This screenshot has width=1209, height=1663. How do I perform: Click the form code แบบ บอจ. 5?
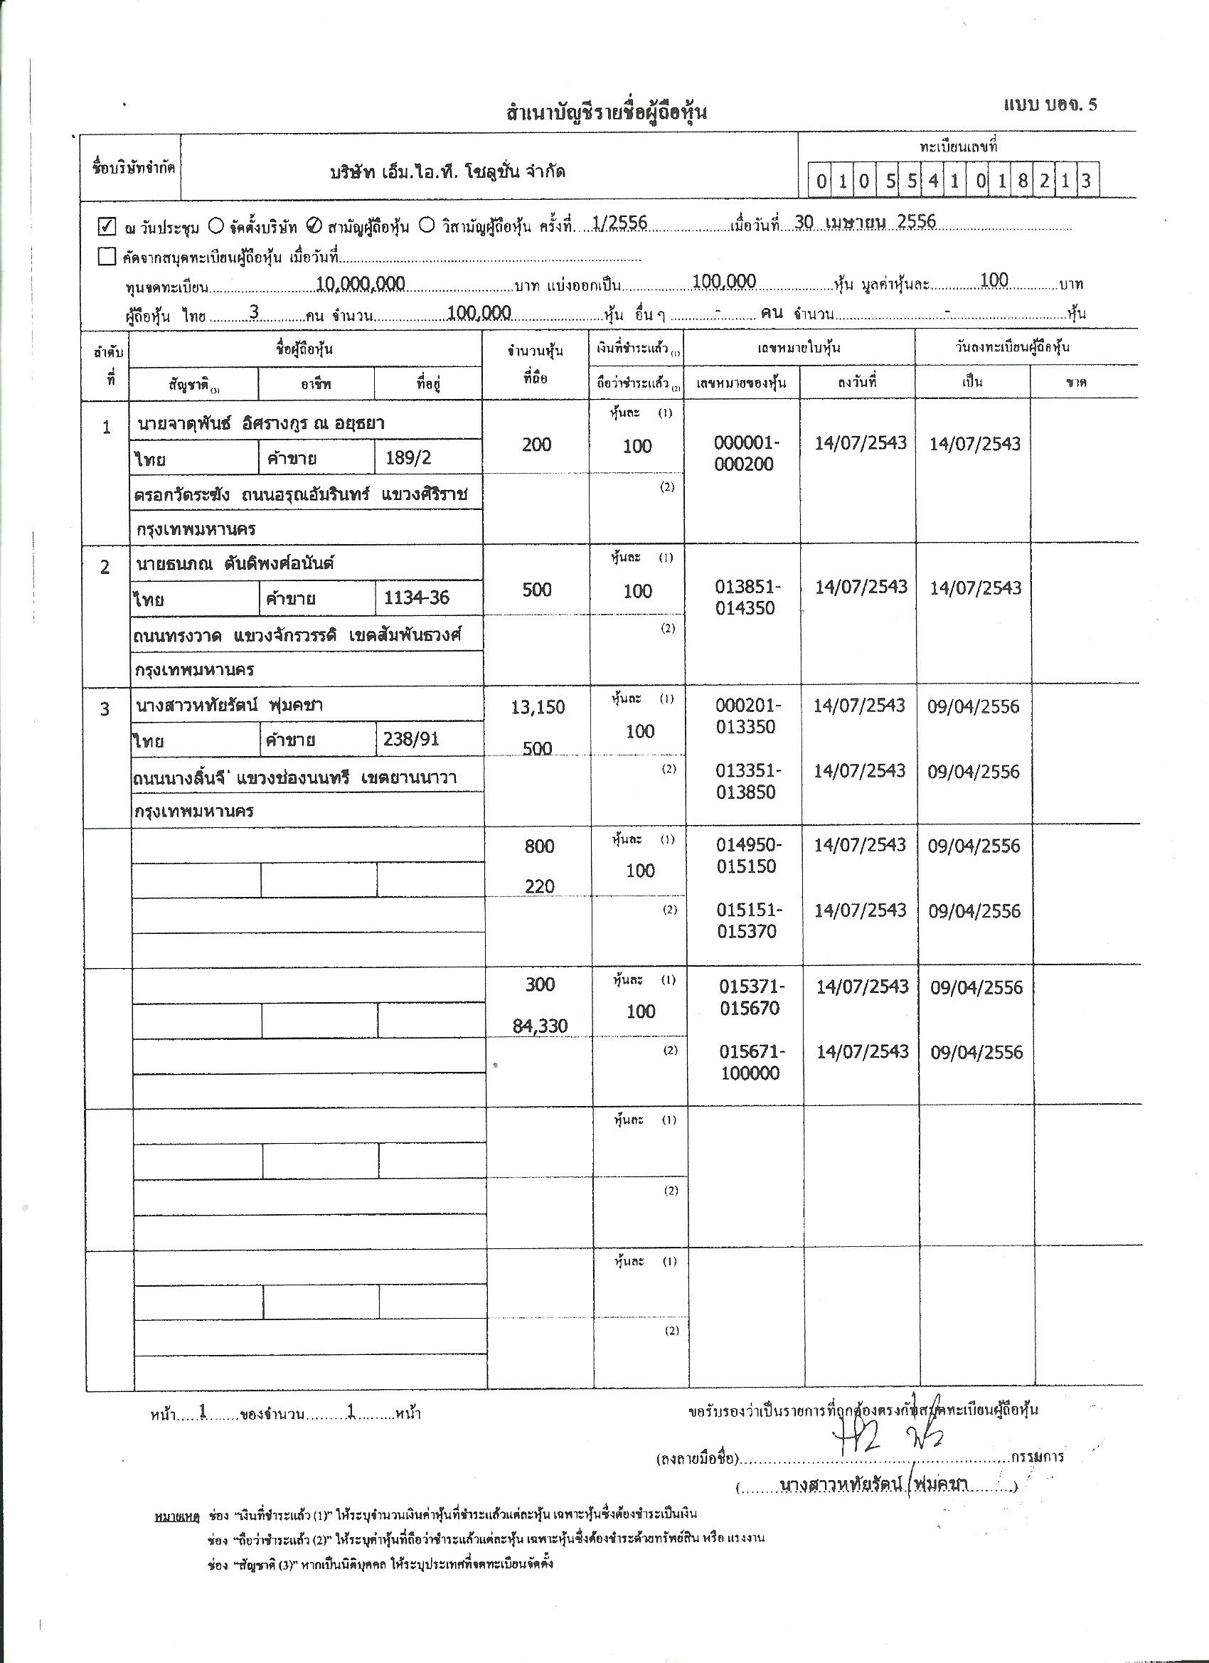point(1050,104)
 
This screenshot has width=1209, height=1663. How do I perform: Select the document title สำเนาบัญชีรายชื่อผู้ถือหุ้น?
point(606,112)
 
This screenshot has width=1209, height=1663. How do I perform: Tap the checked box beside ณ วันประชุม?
point(107,226)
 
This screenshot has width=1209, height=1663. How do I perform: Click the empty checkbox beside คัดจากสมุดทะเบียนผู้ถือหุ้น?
point(107,257)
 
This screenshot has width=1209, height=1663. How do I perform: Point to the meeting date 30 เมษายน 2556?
point(864,222)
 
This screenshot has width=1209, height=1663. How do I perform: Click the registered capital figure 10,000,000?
point(360,284)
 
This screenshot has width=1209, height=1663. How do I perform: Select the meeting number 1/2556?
point(619,223)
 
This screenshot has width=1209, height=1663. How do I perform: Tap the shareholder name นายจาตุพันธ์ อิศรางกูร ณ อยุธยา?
point(261,423)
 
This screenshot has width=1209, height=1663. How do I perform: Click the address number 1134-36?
point(417,598)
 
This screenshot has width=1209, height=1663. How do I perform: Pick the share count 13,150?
point(538,708)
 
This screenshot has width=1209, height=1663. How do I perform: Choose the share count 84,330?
point(540,1026)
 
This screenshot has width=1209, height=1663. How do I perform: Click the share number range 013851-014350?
point(745,597)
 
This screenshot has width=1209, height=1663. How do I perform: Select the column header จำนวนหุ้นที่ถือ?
point(536,364)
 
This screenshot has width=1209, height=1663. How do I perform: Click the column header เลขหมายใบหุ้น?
point(799,348)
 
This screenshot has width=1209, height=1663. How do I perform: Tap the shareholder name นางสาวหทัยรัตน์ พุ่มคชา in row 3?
point(230,706)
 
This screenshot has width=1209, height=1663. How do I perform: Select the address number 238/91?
point(410,739)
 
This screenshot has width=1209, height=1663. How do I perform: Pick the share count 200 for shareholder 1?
point(537,445)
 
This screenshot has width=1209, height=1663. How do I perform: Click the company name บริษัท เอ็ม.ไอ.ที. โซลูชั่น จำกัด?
point(447,173)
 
